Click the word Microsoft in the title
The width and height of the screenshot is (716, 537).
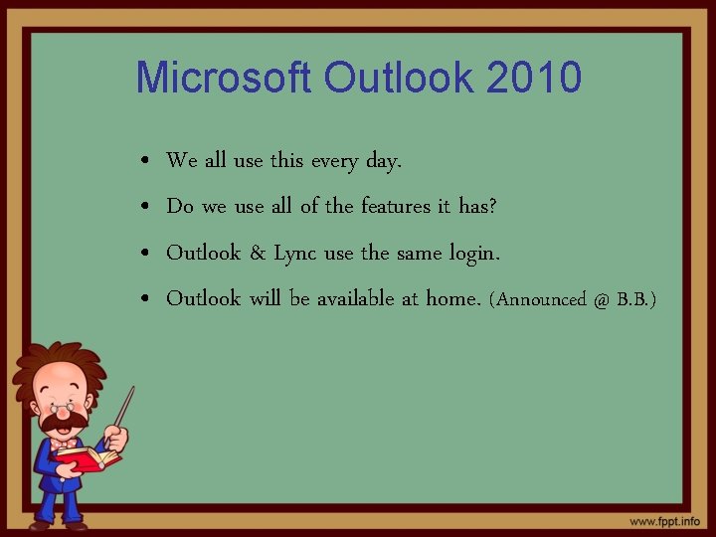point(225,77)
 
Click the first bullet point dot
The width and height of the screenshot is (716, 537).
point(145,161)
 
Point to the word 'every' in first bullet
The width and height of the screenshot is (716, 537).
point(340,160)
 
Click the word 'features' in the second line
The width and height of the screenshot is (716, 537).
point(396,206)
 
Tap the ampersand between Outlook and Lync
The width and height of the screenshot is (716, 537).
point(257,253)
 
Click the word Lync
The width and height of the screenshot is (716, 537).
point(295,254)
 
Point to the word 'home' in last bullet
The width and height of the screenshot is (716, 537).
point(451,298)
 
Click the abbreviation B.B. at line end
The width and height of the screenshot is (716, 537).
point(636,299)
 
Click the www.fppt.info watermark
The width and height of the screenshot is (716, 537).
point(663,521)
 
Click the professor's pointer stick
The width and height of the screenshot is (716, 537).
point(124,407)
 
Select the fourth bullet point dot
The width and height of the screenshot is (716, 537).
point(145,299)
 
